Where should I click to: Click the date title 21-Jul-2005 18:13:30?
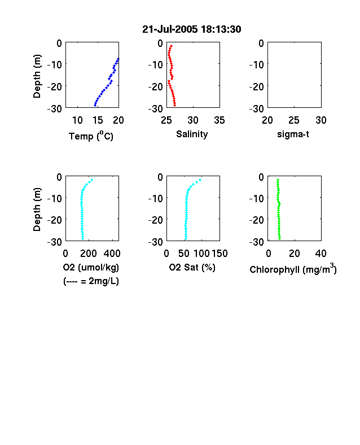click(x=192, y=29)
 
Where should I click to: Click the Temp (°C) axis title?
click(x=91, y=136)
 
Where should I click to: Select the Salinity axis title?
click(x=192, y=134)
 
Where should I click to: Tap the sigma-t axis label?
click(x=293, y=134)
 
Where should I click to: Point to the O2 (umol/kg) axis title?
click(x=91, y=267)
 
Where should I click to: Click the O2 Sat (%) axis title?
click(x=192, y=267)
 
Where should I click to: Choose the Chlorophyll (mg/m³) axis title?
click(x=293, y=269)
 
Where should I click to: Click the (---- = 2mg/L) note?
click(x=91, y=281)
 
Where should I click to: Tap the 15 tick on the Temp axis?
click(x=98, y=120)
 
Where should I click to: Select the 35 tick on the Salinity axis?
click(x=219, y=120)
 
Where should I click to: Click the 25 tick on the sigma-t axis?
click(x=294, y=120)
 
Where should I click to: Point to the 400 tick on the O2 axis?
click(x=112, y=253)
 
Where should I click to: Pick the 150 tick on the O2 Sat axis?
click(x=219, y=253)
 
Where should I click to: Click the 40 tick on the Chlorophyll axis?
click(x=321, y=253)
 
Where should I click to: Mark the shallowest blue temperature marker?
click(x=118, y=59)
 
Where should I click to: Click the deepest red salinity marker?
click(x=174, y=105)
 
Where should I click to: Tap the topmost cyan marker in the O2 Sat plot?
click(x=200, y=180)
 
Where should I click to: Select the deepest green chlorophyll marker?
click(x=279, y=238)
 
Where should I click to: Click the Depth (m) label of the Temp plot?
click(x=37, y=76)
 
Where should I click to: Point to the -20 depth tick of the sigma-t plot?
click(x=257, y=86)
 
